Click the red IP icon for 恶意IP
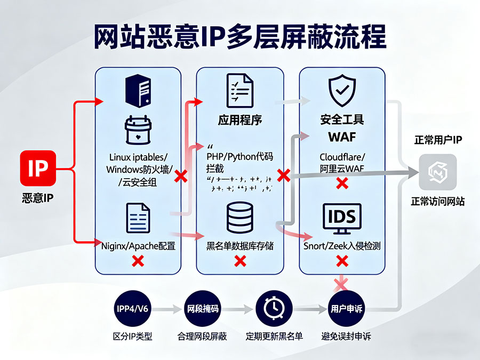click(x=37, y=170)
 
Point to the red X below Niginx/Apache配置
click(x=138, y=261)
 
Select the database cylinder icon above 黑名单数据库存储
click(x=240, y=217)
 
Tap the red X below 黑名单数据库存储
click(x=240, y=261)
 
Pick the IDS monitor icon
click(x=342, y=219)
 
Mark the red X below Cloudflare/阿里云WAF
click(x=342, y=183)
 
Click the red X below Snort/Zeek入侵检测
click(x=342, y=261)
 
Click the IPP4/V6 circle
click(x=132, y=309)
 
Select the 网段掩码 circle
click(x=202, y=309)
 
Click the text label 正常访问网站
click(x=437, y=202)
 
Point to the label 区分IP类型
click(x=132, y=337)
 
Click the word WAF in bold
click(x=342, y=137)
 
